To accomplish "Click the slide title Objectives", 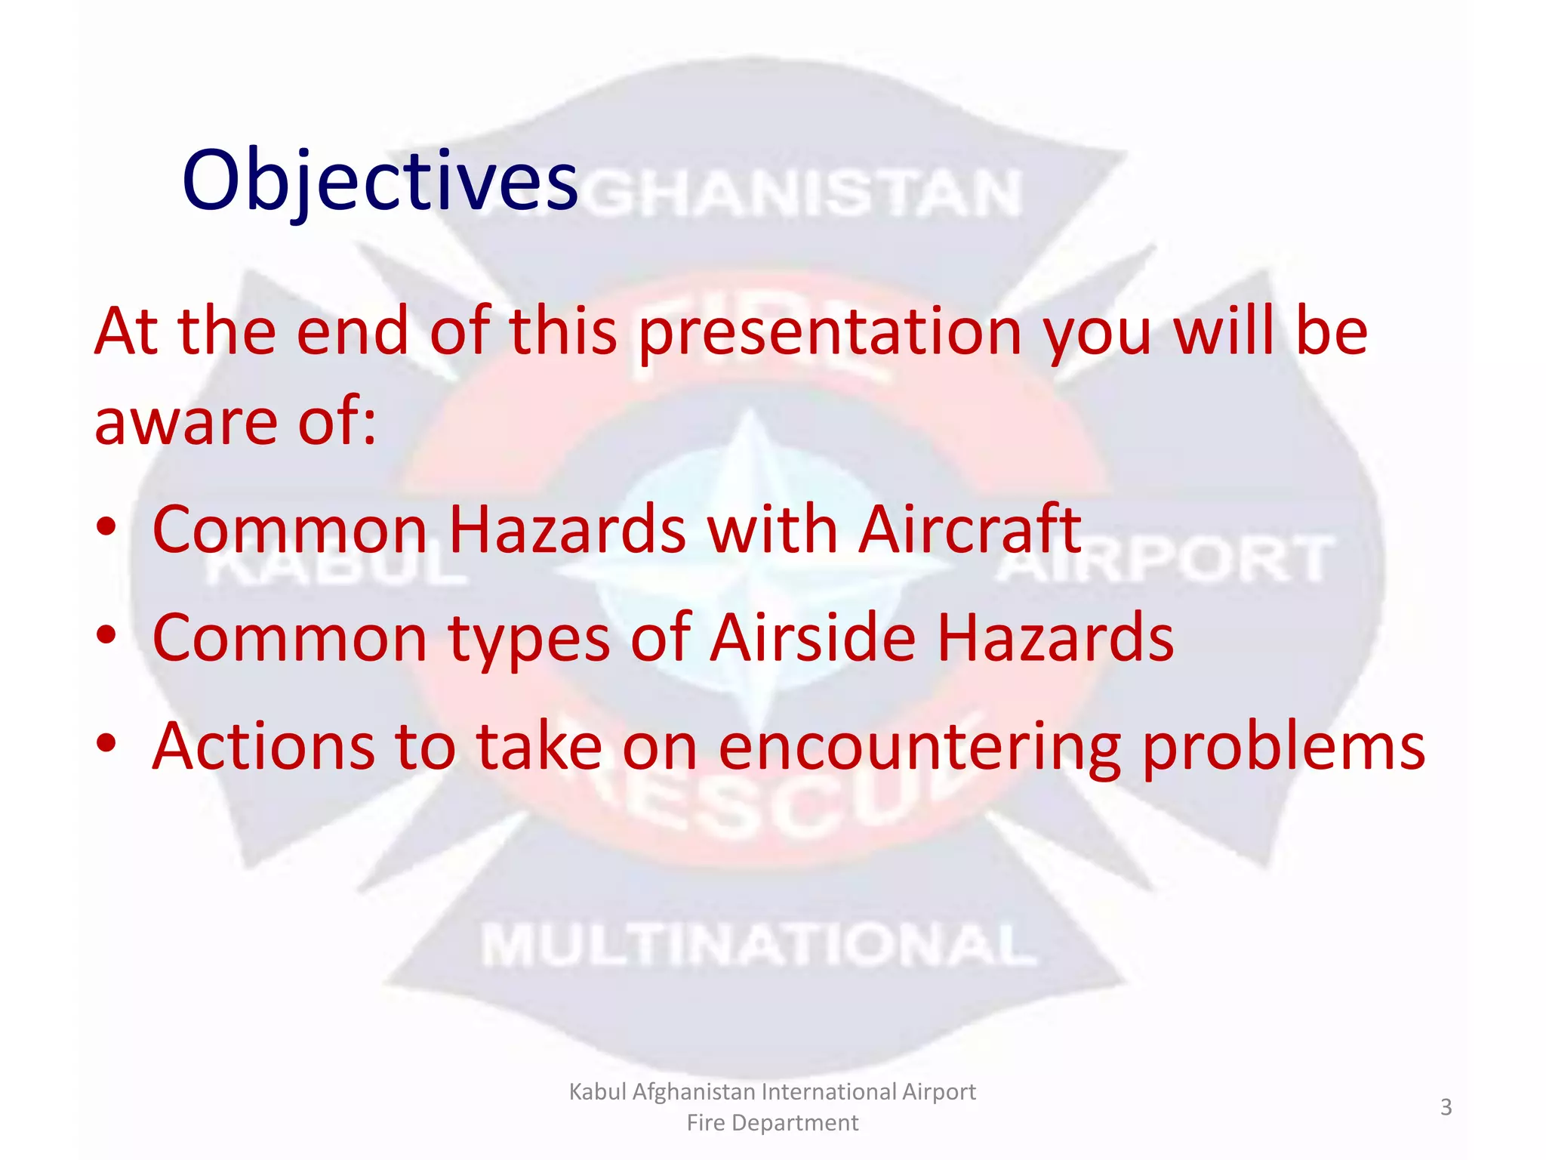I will tap(380, 181).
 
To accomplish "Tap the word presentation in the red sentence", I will tap(830, 332).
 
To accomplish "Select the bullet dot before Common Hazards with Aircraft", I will tap(106, 526).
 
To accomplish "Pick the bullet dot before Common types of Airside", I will tap(106, 635).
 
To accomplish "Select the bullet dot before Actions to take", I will tap(106, 744).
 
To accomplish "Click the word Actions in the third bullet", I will tap(263, 746).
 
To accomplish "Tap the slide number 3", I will tap(1446, 1107).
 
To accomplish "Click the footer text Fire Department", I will tap(772, 1123).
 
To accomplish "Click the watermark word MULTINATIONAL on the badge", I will tap(759, 946).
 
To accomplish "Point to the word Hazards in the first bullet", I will tap(567, 529).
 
